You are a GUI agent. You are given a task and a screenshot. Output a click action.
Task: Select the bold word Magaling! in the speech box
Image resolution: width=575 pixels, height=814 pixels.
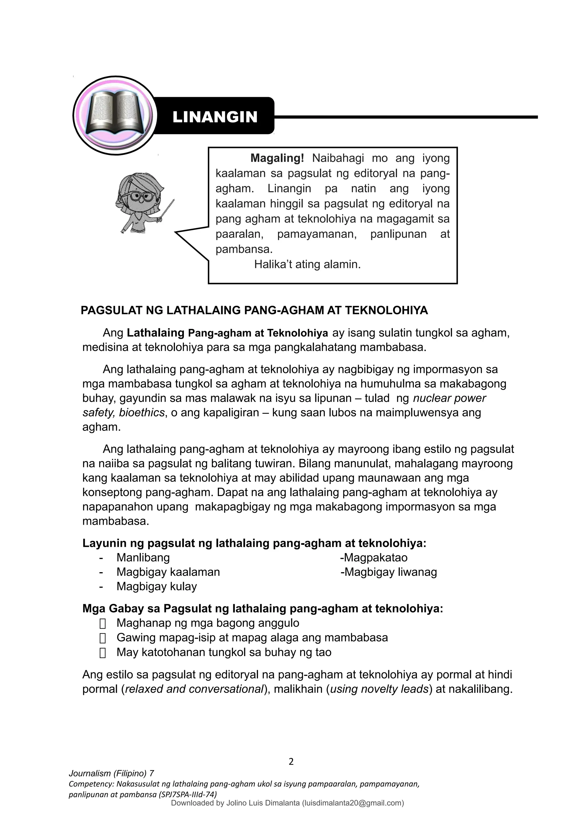point(277,158)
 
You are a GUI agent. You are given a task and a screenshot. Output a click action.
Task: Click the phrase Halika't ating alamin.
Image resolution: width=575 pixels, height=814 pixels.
point(307,265)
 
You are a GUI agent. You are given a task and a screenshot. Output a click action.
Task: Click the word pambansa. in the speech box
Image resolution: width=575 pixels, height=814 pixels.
point(244,249)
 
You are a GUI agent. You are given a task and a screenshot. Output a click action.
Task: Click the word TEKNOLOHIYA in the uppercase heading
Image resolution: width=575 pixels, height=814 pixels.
point(386,311)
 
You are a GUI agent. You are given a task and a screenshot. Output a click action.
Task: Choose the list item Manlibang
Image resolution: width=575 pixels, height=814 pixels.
point(143,558)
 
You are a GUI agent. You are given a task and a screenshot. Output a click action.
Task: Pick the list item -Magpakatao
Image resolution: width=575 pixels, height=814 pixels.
point(374,558)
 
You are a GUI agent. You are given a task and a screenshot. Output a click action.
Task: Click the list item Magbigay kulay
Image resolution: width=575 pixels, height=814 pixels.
point(157,586)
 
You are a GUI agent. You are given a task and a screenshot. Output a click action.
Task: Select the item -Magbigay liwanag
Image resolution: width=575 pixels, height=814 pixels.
point(389,572)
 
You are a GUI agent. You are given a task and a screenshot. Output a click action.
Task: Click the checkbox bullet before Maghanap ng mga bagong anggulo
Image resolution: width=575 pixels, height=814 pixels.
point(103,624)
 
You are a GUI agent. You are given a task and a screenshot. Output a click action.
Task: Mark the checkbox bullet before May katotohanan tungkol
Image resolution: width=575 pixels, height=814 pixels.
point(103,653)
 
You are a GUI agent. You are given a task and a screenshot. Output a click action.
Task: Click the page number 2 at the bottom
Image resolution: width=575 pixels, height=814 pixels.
point(291,761)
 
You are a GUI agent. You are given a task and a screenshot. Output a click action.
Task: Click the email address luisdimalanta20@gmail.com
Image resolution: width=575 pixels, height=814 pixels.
point(353,803)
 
